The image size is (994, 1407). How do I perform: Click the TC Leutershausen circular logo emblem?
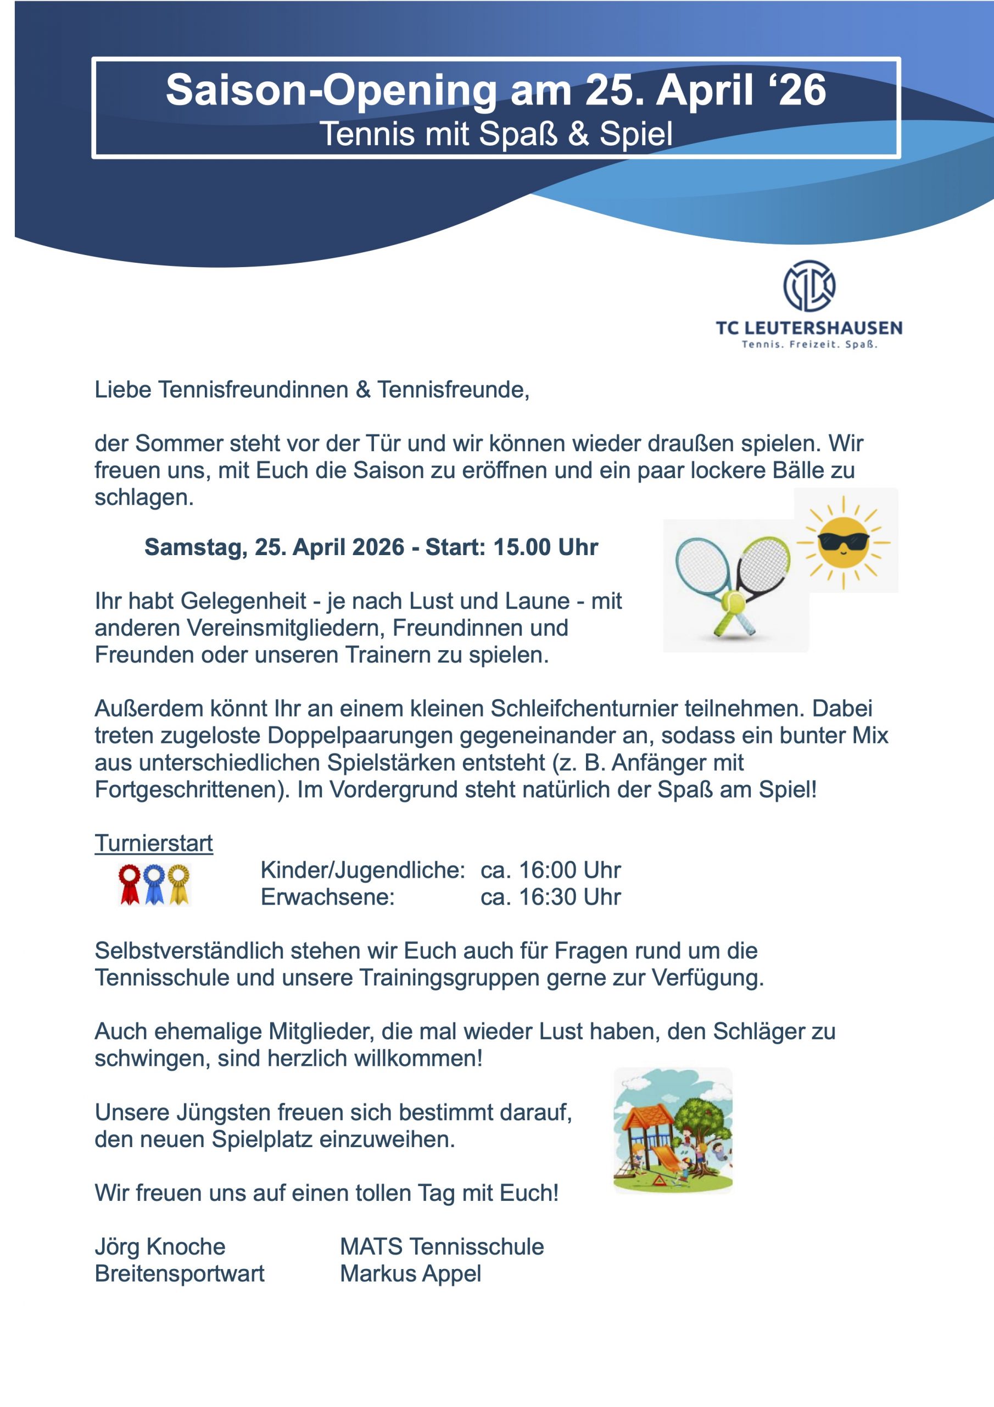[x=809, y=286]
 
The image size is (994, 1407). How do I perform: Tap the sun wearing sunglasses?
[x=844, y=542]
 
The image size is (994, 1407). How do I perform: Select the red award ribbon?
[x=129, y=884]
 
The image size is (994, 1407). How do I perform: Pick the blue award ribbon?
[x=154, y=884]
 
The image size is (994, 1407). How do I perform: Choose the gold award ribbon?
[x=178, y=884]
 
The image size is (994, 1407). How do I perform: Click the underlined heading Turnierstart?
[x=154, y=843]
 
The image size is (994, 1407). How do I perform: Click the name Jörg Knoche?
[x=160, y=1247]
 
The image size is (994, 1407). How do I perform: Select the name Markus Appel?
[x=410, y=1273]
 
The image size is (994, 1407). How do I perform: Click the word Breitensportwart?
[x=180, y=1273]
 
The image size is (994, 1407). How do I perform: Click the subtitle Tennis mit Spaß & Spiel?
[x=496, y=134]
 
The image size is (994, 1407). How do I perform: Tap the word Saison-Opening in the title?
[x=331, y=90]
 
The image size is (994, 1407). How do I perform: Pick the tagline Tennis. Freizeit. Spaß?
[x=809, y=345]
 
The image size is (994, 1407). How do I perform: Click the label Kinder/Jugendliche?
[x=362, y=870]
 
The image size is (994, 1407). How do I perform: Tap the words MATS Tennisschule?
[x=442, y=1247]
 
